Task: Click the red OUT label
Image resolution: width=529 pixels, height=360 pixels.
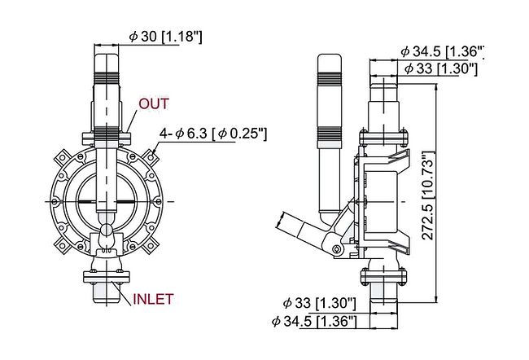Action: click(x=154, y=103)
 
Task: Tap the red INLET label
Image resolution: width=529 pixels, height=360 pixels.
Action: click(x=153, y=299)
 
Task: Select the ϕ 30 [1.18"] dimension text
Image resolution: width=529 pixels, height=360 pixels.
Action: click(x=166, y=37)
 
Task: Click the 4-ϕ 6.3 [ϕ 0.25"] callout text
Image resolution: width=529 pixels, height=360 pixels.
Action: click(x=213, y=134)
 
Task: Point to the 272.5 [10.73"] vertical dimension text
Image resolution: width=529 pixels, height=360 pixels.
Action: click(x=428, y=196)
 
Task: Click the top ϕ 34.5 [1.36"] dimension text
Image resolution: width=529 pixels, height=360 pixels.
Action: click(x=443, y=51)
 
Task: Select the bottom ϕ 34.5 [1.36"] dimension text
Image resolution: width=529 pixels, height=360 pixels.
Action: click(x=314, y=321)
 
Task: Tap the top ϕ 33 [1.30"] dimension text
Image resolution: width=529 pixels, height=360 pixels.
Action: click(x=441, y=68)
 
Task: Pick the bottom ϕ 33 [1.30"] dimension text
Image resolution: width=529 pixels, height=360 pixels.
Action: click(x=320, y=303)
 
